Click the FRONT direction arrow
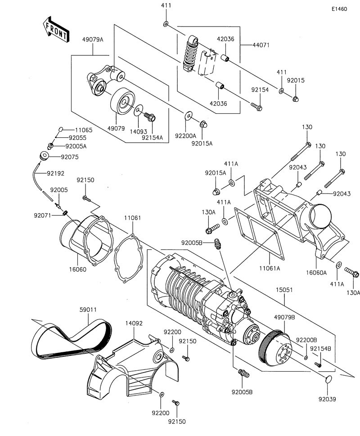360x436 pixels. (x=56, y=30)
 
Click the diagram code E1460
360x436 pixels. (x=339, y=9)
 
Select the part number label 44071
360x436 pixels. (x=261, y=45)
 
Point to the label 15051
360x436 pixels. (x=284, y=290)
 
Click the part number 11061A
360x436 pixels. (x=270, y=268)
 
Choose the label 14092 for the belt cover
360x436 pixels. (x=134, y=323)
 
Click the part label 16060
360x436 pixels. (x=77, y=270)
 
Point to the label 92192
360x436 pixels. (x=56, y=173)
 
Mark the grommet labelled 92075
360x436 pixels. (x=45, y=156)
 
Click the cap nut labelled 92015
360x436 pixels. (x=296, y=99)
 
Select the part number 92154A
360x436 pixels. (x=152, y=137)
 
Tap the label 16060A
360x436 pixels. (x=316, y=273)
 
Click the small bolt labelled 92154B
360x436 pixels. (x=318, y=364)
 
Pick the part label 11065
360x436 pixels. (x=84, y=130)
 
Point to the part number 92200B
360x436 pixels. (x=306, y=340)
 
